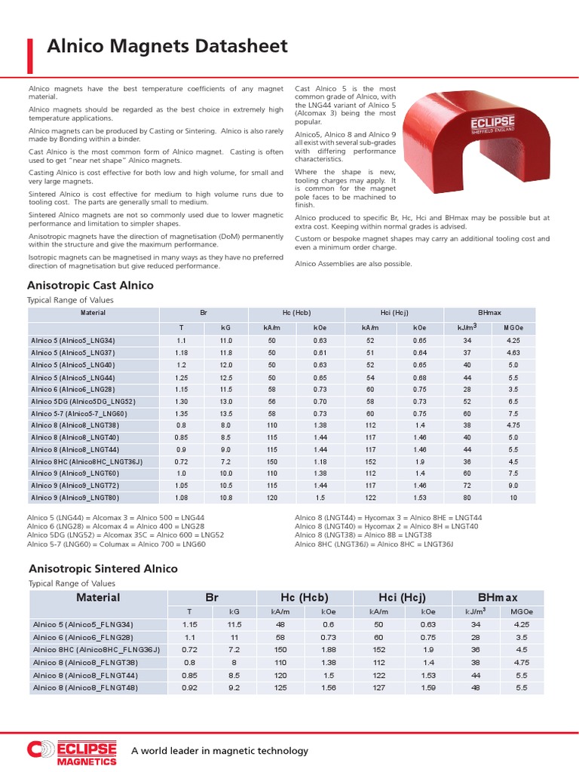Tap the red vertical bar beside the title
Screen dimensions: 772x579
tap(31, 55)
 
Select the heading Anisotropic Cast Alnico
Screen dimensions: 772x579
tap(90, 286)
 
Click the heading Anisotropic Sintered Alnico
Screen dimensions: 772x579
tap(103, 568)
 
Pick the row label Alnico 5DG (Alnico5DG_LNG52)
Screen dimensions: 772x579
tap(83, 402)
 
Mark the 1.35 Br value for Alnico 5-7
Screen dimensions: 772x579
tap(182, 414)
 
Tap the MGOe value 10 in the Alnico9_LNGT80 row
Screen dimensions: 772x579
tap(513, 498)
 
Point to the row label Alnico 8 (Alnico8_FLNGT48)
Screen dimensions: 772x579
tap(84, 688)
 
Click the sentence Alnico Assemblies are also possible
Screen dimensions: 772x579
tap(353, 264)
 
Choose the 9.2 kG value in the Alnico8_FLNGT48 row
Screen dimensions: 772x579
tap(234, 688)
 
